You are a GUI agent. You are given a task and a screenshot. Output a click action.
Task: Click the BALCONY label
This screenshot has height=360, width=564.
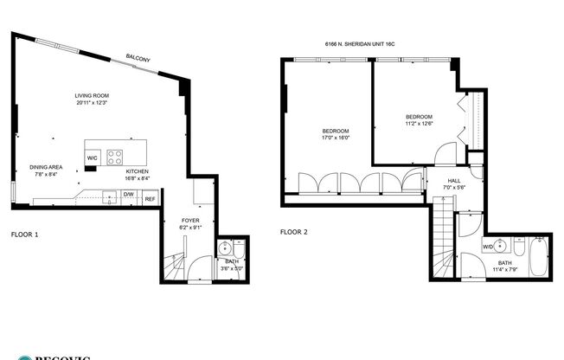[138, 57]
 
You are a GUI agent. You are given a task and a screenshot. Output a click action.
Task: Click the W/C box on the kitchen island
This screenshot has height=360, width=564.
[93, 157]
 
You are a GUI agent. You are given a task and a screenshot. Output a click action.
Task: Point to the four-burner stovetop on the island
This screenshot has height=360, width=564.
[114, 157]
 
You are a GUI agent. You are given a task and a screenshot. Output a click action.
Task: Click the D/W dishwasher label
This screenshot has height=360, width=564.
[128, 195]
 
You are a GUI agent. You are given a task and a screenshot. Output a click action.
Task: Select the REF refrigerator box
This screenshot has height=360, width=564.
[150, 199]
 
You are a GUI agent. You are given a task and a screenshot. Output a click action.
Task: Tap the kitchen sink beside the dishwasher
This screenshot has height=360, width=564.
[109, 196]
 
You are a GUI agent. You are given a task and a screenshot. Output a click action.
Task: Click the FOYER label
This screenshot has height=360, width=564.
[190, 221]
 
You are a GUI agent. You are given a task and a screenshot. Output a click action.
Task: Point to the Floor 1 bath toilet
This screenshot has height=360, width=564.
[240, 249]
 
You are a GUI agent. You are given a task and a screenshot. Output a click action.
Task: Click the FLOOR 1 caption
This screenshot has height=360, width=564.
[24, 234]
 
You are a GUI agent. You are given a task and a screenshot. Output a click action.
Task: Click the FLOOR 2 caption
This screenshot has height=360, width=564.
[294, 232]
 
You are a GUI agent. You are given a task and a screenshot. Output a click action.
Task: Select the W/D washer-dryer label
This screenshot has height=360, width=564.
[488, 247]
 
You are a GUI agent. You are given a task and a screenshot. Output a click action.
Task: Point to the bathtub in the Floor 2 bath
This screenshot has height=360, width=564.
[538, 256]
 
